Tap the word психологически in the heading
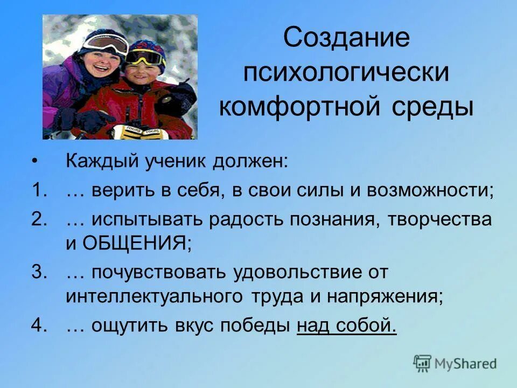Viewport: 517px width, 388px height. pyautogui.click(x=346, y=73)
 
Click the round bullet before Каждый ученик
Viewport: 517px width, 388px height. pyautogui.click(x=36, y=162)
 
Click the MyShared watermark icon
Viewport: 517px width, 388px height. pyautogui.click(x=422, y=364)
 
